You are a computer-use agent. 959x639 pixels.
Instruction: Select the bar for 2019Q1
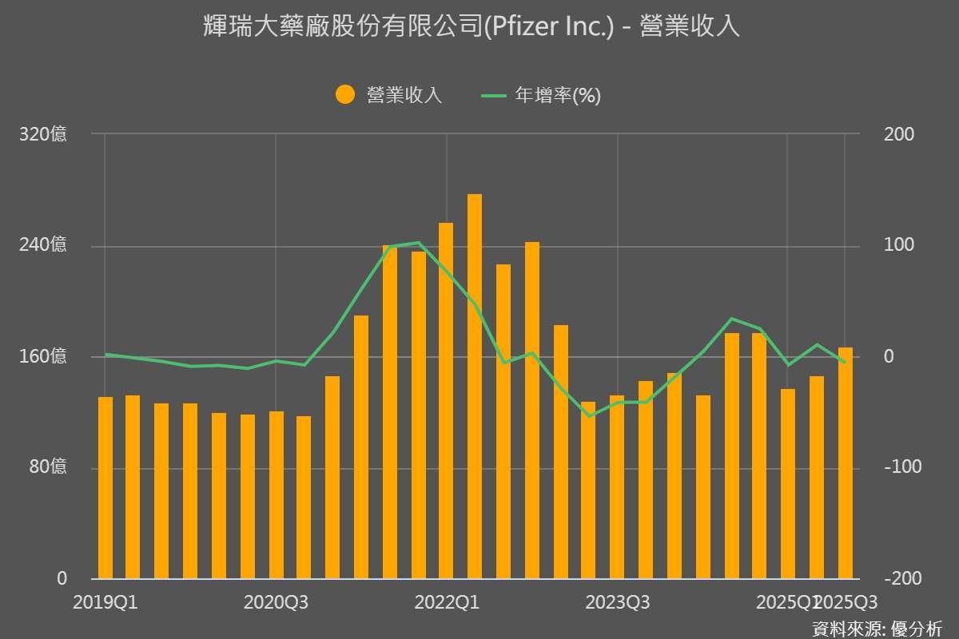pyautogui.click(x=105, y=487)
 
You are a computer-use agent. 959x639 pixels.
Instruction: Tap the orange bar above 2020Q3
pyautogui.click(x=277, y=495)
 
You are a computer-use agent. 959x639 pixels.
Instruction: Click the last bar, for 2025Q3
pyautogui.click(x=846, y=463)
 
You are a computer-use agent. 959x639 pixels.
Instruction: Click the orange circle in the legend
pyautogui.click(x=345, y=95)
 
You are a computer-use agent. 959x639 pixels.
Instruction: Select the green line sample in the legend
pyautogui.click(x=494, y=95)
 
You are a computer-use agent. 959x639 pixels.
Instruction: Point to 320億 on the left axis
pyautogui.click(x=42, y=134)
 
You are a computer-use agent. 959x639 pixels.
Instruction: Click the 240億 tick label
pyautogui.click(x=42, y=245)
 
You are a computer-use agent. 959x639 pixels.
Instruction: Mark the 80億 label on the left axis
pyautogui.click(x=46, y=467)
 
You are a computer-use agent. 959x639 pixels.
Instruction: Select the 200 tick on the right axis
pyautogui.click(x=899, y=134)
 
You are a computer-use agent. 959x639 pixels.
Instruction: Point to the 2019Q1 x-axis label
pyautogui.click(x=105, y=602)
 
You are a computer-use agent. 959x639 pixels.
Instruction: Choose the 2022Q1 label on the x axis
pyautogui.click(x=447, y=602)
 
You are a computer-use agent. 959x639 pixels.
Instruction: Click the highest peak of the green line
pyautogui.click(x=418, y=242)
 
